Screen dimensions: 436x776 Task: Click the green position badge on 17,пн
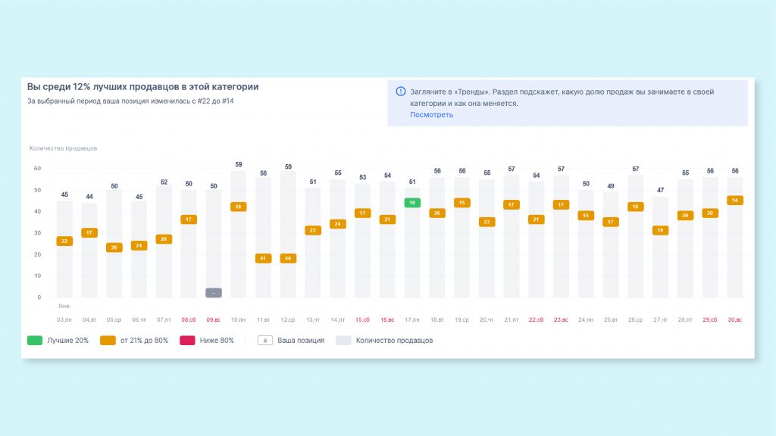pos(411,203)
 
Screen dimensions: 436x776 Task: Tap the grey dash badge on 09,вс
pos(214,293)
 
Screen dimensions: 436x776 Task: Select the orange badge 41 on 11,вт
pos(263,258)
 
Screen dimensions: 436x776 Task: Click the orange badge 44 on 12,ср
pos(288,258)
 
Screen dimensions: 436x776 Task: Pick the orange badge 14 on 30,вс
pos(734,201)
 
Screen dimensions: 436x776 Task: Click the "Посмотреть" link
pos(431,115)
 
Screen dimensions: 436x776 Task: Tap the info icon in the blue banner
pos(400,92)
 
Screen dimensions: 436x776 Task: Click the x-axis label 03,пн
pos(64,320)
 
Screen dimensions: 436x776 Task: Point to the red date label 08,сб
pos(189,320)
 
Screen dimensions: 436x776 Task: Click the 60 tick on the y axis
pos(37,169)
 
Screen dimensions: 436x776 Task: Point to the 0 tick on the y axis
pos(37,297)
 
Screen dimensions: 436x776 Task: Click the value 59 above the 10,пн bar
pos(238,164)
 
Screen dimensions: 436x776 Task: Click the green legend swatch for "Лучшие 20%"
pos(35,341)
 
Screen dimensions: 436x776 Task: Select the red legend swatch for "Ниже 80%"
pos(186,341)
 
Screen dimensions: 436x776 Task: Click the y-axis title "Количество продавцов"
pos(63,148)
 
